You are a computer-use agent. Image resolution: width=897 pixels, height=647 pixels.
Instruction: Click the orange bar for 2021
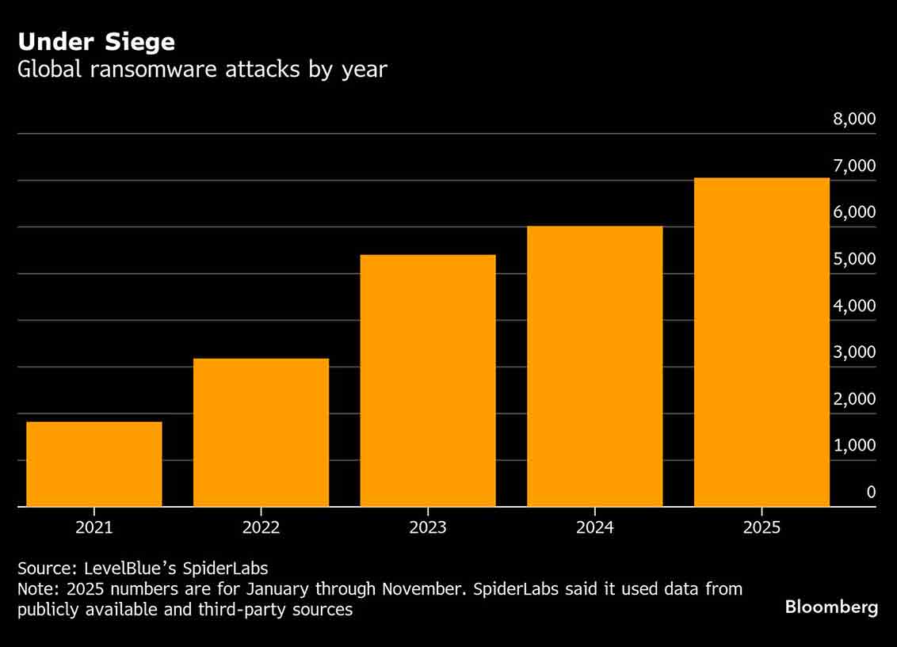[94, 464]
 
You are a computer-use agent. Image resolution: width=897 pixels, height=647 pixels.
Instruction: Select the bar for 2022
[261, 432]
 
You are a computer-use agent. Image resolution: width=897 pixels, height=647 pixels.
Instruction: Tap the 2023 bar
[428, 380]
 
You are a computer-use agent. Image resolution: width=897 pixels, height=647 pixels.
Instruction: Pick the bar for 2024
[594, 366]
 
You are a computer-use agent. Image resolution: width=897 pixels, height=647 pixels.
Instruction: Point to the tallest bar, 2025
[761, 342]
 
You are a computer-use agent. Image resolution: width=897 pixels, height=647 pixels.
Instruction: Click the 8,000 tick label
[853, 119]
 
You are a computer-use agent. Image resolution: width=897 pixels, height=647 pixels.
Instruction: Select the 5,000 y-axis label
[853, 259]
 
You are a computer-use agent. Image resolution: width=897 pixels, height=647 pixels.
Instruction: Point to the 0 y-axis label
[871, 492]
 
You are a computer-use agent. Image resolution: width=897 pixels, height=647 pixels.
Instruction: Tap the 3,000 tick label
[853, 352]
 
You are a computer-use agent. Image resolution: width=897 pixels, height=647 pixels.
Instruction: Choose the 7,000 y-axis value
[853, 166]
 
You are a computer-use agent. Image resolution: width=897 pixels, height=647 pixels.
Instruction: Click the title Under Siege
[97, 41]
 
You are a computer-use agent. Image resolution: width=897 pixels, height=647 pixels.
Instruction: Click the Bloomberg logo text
[831, 607]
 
